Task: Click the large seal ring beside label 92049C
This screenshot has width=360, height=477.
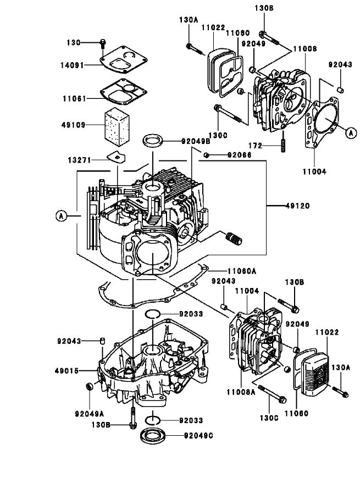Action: [x=154, y=437]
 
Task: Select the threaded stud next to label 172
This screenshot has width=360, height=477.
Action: [x=284, y=144]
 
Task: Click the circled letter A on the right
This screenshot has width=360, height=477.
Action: [x=350, y=131]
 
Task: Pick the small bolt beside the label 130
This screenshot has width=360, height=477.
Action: [x=103, y=43]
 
